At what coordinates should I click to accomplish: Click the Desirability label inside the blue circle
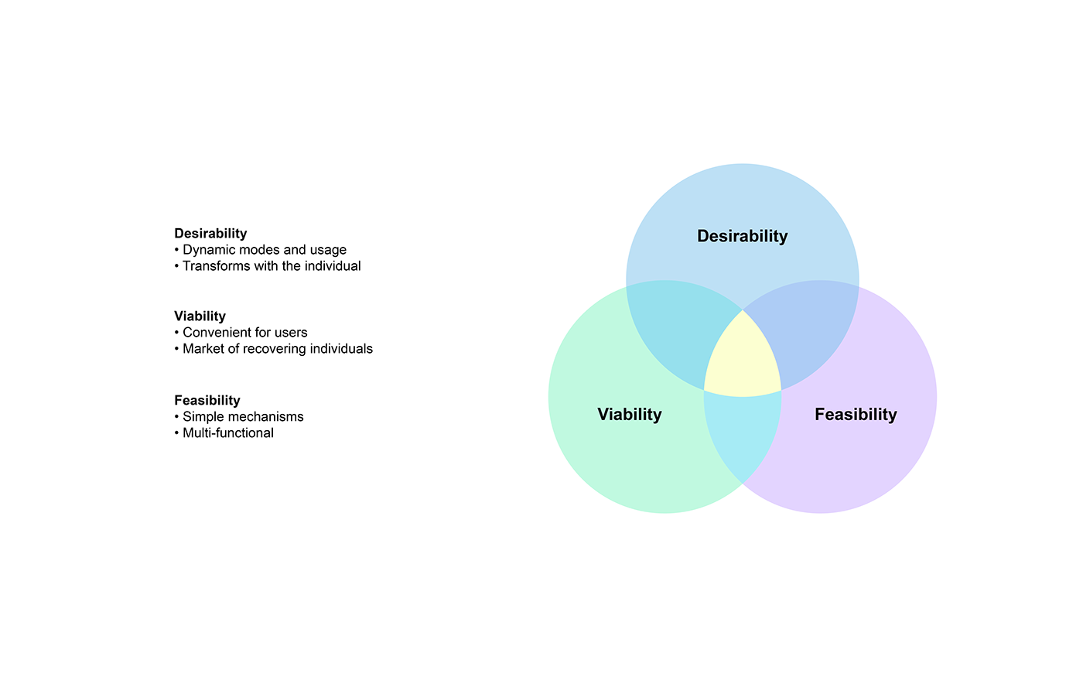(742, 236)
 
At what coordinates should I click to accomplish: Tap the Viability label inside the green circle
(630, 414)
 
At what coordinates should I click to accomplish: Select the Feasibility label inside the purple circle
(856, 414)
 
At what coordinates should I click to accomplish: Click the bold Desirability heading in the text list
(210, 234)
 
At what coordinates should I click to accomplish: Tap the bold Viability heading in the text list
(200, 316)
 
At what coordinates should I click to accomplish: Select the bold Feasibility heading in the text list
(207, 401)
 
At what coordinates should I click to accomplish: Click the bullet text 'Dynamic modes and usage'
(265, 250)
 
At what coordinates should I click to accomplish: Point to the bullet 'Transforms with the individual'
(272, 266)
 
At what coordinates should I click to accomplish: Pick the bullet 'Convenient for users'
(244, 333)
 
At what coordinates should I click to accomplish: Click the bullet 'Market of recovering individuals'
(278, 349)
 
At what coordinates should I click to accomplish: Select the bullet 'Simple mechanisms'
(243, 417)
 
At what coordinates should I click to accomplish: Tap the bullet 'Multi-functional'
(228, 433)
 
